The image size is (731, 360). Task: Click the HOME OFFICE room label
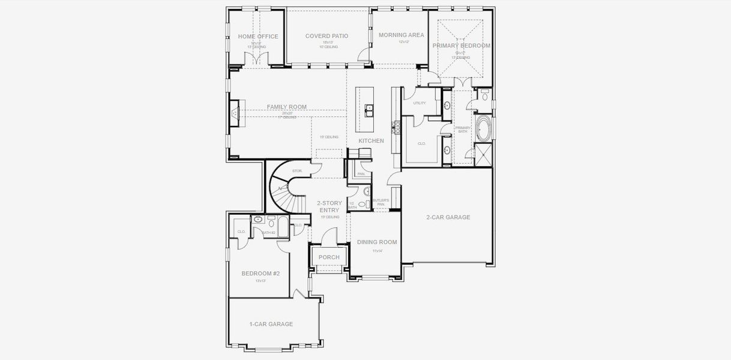click(x=258, y=37)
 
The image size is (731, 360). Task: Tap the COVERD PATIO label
click(x=326, y=36)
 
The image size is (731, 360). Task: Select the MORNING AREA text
click(x=402, y=35)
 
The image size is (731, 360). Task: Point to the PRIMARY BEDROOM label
click(x=461, y=46)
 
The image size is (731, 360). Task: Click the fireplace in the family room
click(x=235, y=112)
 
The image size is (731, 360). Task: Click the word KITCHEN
click(x=371, y=140)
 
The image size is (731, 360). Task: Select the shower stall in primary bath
click(x=483, y=155)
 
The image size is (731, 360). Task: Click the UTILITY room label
click(x=419, y=103)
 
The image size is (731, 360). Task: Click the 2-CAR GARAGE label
click(x=448, y=217)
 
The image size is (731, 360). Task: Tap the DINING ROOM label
click(x=377, y=242)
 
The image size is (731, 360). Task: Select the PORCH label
click(x=329, y=257)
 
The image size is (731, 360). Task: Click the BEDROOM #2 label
click(x=260, y=274)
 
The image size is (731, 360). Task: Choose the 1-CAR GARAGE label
click(x=271, y=324)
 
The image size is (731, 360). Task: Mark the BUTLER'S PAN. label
click(x=381, y=202)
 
